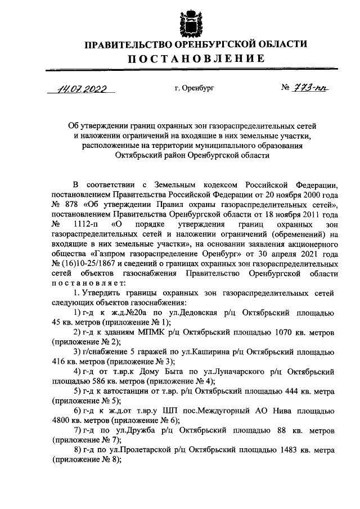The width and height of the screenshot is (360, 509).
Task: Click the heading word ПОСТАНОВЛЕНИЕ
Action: click(194, 58)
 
